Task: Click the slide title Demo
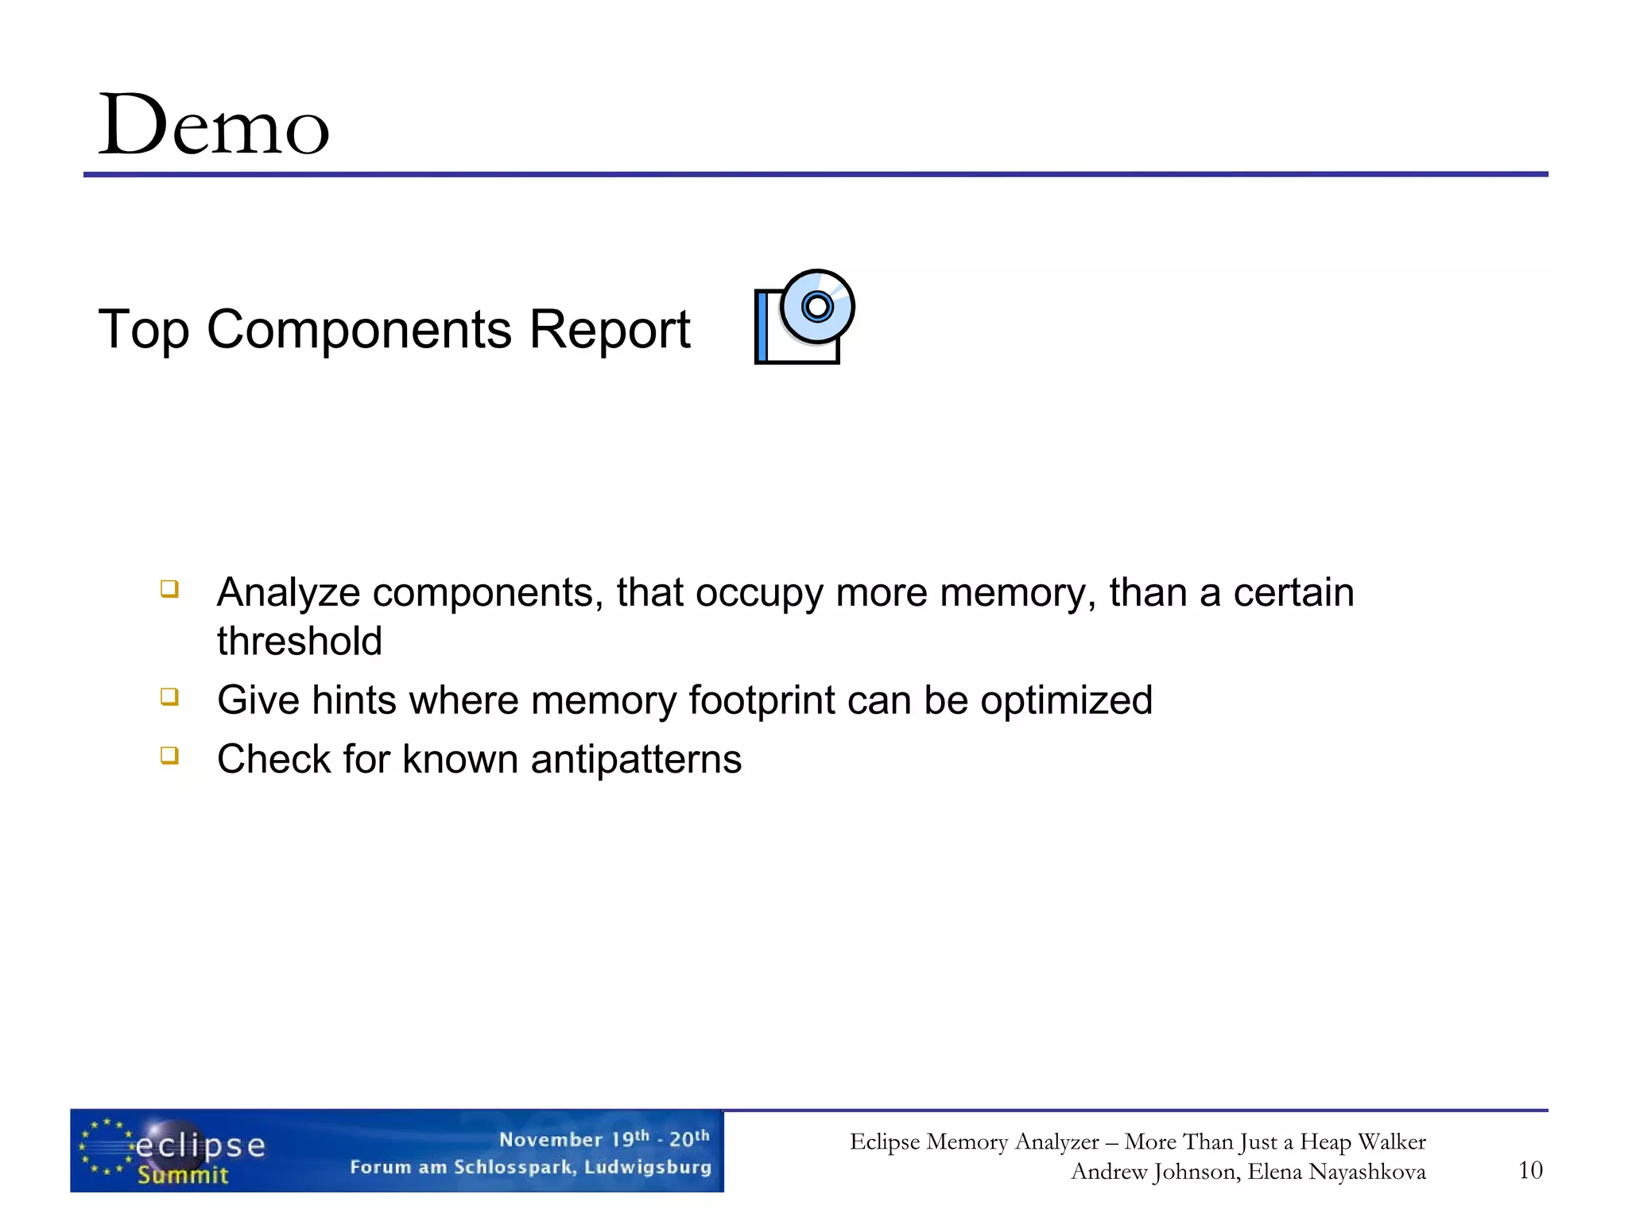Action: [213, 126]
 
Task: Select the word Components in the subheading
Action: [359, 329]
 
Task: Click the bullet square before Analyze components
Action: [169, 589]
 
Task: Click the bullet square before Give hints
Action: [169, 697]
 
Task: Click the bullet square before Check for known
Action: [169, 755]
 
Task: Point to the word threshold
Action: [300, 642]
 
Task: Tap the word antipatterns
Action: [636, 759]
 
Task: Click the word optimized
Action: [1066, 700]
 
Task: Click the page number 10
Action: [1529, 1170]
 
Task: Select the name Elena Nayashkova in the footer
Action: [1336, 1172]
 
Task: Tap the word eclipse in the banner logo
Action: [200, 1145]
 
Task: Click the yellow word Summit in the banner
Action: [183, 1175]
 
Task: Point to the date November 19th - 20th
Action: [604, 1139]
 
